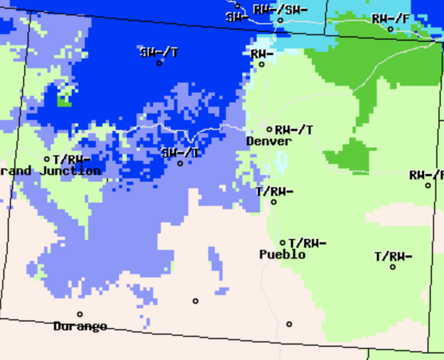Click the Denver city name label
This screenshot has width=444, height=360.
pos(269,141)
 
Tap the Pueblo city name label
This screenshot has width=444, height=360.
pos(282,255)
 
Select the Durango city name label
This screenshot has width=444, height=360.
pos(80,326)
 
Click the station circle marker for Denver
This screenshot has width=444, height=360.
pos(269,130)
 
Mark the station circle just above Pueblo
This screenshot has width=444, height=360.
pos(283,243)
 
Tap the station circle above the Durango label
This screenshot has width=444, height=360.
pos(80,314)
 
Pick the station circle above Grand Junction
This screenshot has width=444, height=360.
pos(47,159)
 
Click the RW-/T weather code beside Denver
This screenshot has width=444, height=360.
pos(294,130)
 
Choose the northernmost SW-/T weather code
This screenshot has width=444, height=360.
pos(159,53)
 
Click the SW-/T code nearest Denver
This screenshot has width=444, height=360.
pos(180,153)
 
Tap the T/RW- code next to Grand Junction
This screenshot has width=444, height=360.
pos(72,160)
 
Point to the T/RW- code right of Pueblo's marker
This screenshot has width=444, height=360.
pos(307,243)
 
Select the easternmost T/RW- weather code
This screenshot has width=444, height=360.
pos(393,257)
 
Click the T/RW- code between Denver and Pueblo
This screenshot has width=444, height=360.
pos(274,192)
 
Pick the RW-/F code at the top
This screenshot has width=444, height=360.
pos(391,19)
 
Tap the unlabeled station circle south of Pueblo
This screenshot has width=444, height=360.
pos(289,324)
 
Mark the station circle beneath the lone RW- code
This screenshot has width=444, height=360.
pos(262,64)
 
